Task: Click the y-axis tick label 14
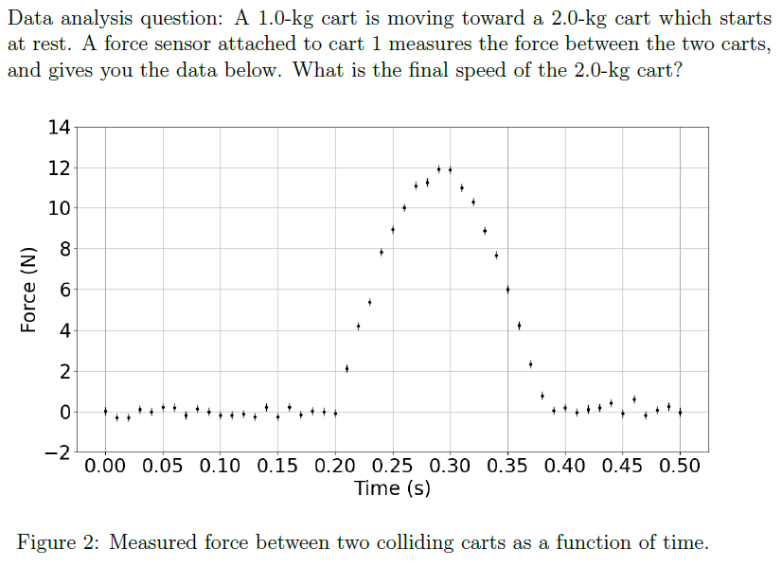pos(58,128)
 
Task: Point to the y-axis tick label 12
pos(58,168)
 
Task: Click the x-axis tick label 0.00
pos(105,467)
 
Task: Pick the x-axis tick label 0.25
pos(393,467)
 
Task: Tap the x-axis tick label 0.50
pos(680,467)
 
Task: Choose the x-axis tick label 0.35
pos(507,467)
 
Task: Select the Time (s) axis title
pos(392,489)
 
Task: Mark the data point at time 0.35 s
pos(507,290)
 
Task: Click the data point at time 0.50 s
pos(680,412)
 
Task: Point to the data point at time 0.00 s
pos(105,411)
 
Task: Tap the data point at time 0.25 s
pos(393,229)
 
